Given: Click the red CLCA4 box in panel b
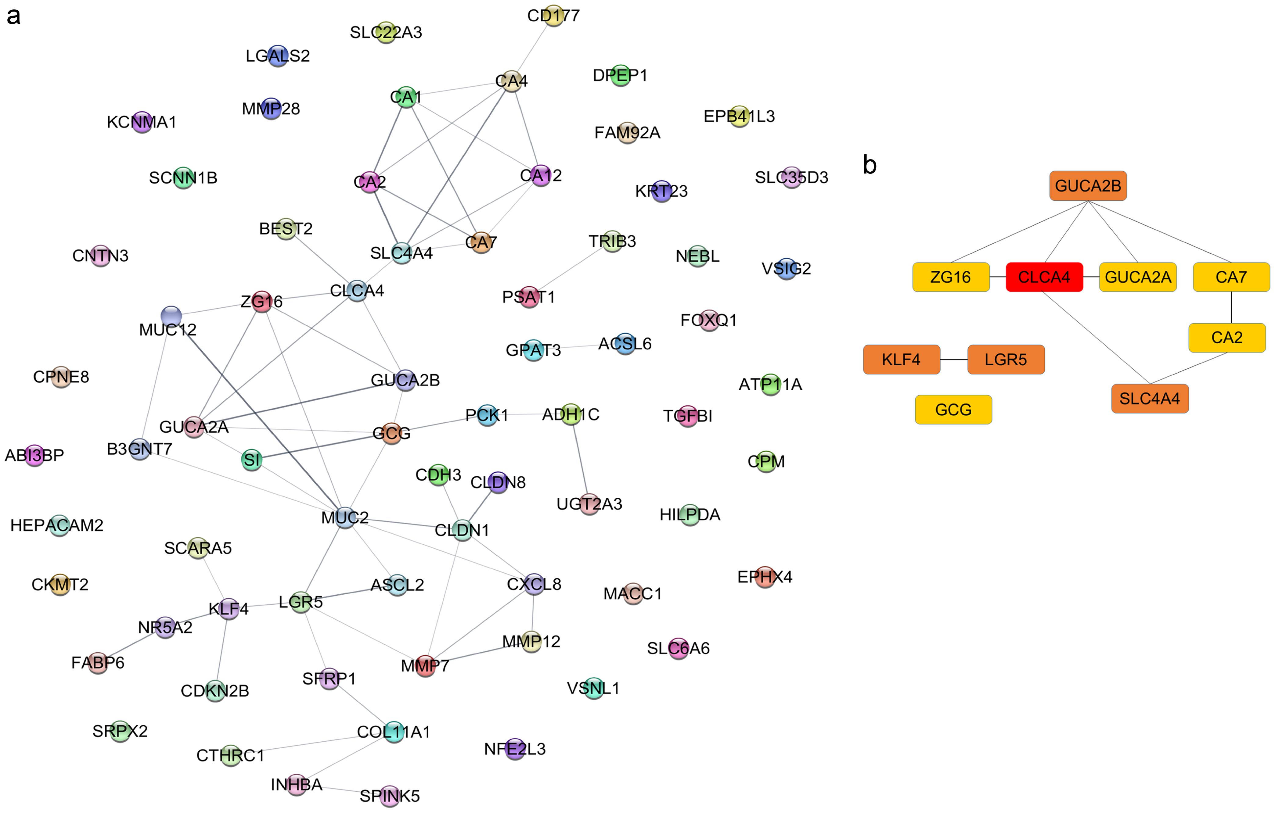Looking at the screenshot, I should (1044, 277).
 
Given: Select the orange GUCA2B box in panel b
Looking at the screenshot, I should (1088, 186).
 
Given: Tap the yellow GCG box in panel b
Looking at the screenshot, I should (953, 409).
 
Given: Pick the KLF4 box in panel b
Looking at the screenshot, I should (901, 360).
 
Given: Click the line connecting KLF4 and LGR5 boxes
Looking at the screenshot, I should (954, 360).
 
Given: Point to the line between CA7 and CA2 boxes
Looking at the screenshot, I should (1231, 307).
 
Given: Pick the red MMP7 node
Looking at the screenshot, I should (425, 665).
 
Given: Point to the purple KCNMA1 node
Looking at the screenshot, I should (141, 122).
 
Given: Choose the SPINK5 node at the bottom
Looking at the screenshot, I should (390, 796).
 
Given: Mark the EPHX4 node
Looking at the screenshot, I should (765, 576).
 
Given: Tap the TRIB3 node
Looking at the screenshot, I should (612, 241).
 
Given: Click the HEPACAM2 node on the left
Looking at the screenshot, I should (59, 525).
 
